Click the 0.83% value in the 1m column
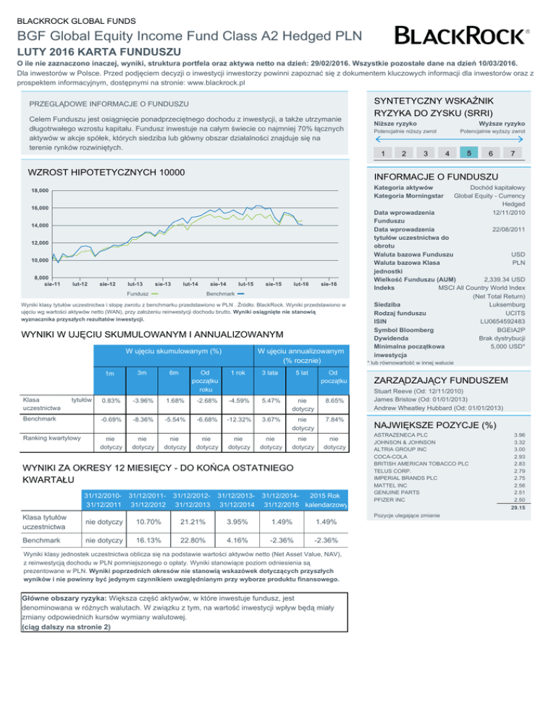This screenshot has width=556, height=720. pyautogui.click(x=111, y=401)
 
